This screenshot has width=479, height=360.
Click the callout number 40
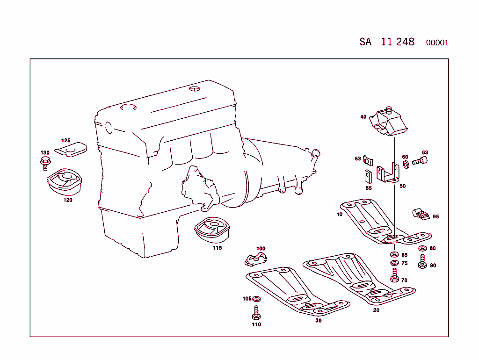point(363,117)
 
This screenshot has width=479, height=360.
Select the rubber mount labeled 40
point(389,122)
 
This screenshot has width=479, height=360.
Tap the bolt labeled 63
point(420,162)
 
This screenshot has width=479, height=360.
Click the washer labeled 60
point(405,164)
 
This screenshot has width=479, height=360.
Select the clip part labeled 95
point(421,215)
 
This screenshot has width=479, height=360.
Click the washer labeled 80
point(422,248)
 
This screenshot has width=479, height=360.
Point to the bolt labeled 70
point(394,276)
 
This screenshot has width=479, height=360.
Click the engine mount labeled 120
point(64,183)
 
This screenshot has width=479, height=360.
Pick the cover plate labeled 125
point(72,149)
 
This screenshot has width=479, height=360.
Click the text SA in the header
point(365,42)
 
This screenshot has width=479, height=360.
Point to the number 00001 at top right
point(437,43)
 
